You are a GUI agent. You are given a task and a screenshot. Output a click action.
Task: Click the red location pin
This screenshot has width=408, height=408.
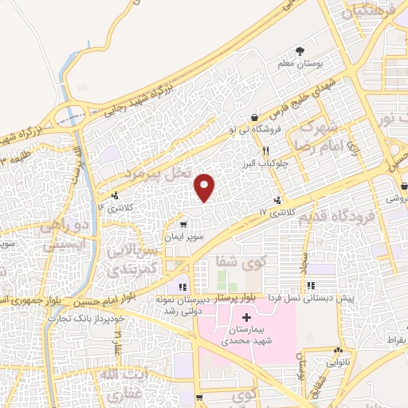tap(206, 186)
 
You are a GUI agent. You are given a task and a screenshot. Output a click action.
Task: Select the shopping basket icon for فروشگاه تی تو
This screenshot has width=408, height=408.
tap(254, 117)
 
